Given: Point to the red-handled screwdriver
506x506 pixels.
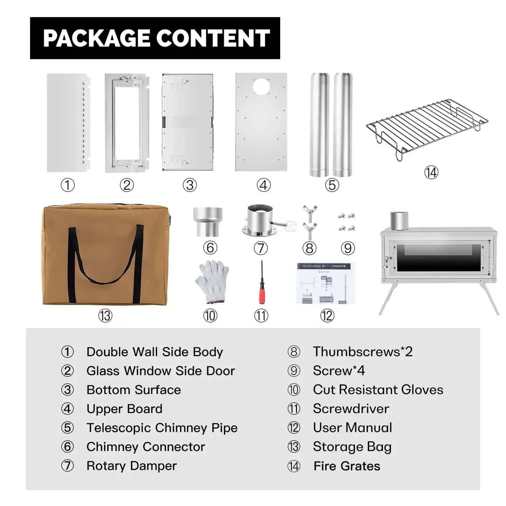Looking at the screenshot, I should (x=261, y=282).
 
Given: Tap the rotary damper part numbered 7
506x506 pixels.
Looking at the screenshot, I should (x=261, y=221).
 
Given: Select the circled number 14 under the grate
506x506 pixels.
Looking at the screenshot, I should (x=431, y=172).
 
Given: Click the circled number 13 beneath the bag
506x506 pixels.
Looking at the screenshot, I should (x=105, y=316).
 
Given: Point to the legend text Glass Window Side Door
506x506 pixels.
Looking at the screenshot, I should (x=160, y=371).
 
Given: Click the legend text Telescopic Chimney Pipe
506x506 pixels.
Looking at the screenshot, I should (x=162, y=428).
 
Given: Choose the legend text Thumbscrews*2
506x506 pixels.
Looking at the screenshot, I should (x=362, y=352).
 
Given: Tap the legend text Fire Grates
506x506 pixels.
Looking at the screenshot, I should (x=347, y=466).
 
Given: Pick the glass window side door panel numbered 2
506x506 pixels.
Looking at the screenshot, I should (x=127, y=123).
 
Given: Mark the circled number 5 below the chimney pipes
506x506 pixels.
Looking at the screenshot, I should (x=332, y=185).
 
